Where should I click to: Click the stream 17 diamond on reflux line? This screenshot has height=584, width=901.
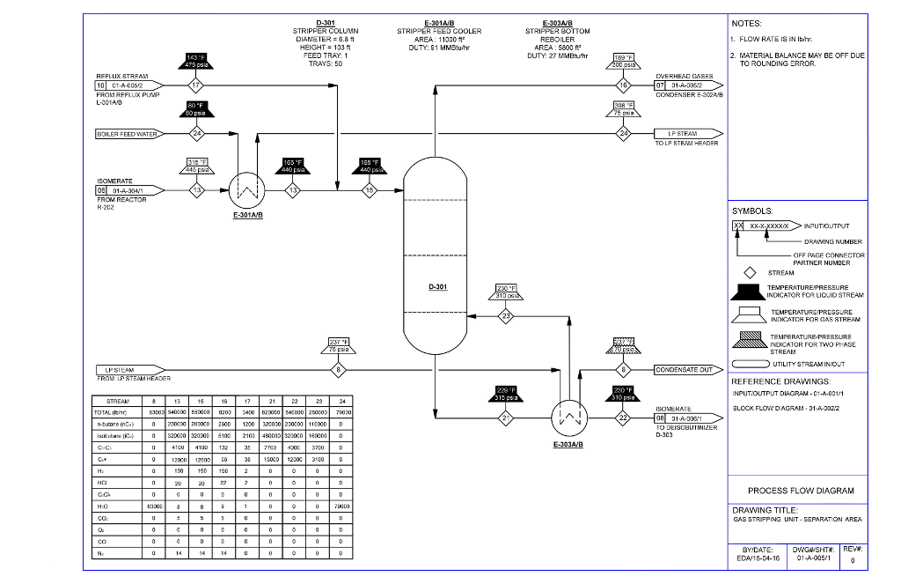pyautogui.click(x=195, y=85)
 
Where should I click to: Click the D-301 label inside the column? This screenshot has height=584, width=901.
pyautogui.click(x=437, y=287)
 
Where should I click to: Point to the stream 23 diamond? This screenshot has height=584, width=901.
pyautogui.click(x=506, y=314)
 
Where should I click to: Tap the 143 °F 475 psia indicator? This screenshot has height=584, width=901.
pyautogui.click(x=196, y=61)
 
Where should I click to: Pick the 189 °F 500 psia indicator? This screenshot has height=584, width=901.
pyautogui.click(x=624, y=61)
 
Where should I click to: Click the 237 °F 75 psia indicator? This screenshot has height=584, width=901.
pyautogui.click(x=339, y=345)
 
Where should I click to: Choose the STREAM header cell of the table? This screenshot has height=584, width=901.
pyautogui.click(x=118, y=401)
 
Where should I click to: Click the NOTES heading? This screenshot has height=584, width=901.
pyautogui.click(x=746, y=24)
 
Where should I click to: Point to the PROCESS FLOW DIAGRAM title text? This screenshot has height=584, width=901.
pyautogui.click(x=800, y=491)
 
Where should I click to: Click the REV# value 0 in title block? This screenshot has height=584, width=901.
pyautogui.click(x=853, y=558)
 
